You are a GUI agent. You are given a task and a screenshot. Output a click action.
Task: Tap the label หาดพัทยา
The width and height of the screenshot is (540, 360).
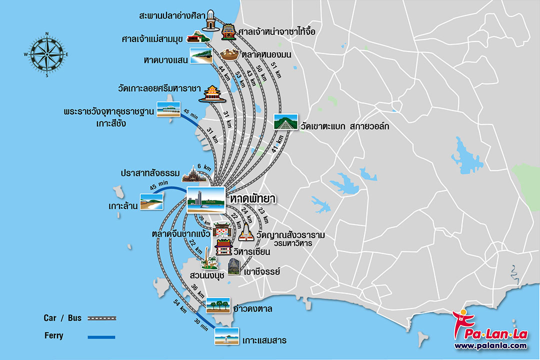pyautogui.click(x=253, y=198)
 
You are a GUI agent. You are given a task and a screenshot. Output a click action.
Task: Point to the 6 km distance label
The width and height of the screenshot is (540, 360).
pyautogui.click(x=205, y=167)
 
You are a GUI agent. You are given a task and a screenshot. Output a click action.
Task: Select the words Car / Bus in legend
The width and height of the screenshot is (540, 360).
pyautogui.click(x=62, y=317)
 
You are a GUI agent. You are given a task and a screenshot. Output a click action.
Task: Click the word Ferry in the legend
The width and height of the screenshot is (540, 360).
pyautogui.click(x=53, y=336)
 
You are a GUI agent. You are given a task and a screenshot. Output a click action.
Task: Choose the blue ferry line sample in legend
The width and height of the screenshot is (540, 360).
pyautogui.click(x=101, y=336)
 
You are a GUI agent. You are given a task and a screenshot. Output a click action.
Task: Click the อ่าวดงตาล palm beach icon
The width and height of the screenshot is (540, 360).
pyautogui.click(x=218, y=305)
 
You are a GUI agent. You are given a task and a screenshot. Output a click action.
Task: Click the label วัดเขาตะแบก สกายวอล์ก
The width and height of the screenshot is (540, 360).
pyautogui.click(x=345, y=126)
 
